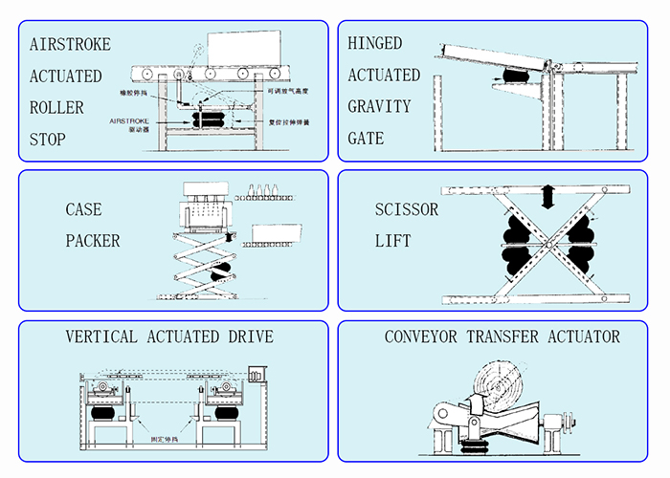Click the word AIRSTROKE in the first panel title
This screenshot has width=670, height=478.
[70, 45]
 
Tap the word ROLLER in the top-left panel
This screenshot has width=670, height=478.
[56, 108]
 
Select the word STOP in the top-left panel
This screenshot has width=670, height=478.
[48, 140]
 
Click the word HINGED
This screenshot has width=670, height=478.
[375, 44]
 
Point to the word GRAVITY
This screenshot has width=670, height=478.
[379, 106]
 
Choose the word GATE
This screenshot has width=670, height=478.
[366, 139]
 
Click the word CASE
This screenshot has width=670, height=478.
[83, 209]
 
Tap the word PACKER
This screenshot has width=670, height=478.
[93, 241]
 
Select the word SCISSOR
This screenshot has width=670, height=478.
[407, 209]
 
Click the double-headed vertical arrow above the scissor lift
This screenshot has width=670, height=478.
[547, 197]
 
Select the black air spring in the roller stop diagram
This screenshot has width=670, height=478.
[212, 119]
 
